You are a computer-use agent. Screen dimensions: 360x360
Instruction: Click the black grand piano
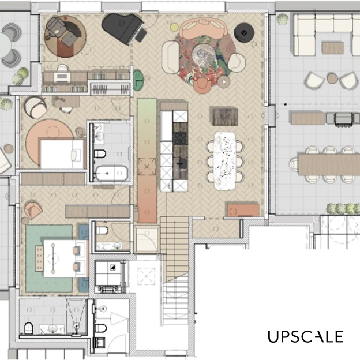pyautogui.click(x=123, y=28)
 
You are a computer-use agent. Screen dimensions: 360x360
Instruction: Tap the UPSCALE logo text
pyautogui.click(x=305, y=336)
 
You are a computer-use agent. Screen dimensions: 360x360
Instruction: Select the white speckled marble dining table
pyautogui.click(x=225, y=161)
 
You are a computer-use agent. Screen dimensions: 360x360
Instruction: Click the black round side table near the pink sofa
pyautogui.click(x=244, y=33)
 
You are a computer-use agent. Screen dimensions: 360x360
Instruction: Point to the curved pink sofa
pyautogui.click(x=203, y=28)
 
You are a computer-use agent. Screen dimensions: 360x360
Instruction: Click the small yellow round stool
pyautogui.click(x=174, y=27)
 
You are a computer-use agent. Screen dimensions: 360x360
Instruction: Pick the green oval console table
pyautogui.click(x=138, y=80)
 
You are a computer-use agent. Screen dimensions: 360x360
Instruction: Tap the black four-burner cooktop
pyautogui.click(x=180, y=138)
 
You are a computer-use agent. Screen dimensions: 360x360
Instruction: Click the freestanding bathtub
pyautogui.click(x=111, y=173)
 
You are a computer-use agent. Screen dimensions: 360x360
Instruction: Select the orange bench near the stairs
pyautogui.click(x=243, y=210)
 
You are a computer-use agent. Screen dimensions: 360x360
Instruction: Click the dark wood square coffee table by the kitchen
pyautogui.click(x=224, y=116)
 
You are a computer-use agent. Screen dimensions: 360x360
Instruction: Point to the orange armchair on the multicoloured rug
pyautogui.click(x=202, y=85)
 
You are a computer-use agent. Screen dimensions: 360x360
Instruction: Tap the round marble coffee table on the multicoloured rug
pyautogui.click(x=204, y=55)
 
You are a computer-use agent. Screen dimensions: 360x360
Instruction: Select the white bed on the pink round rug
pyautogui.click(x=62, y=154)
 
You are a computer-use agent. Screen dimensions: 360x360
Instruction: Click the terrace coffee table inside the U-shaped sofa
pyautogui.click(x=333, y=48)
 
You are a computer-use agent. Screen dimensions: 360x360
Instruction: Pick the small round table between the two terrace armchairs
pyautogui.click(x=332, y=78)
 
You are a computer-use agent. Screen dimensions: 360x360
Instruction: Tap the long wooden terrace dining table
pyautogui.click(x=329, y=164)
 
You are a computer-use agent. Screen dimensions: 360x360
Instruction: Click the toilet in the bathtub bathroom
pyautogui.click(x=100, y=153)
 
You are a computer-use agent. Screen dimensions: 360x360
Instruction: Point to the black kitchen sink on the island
pyautogui.click(x=181, y=163)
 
